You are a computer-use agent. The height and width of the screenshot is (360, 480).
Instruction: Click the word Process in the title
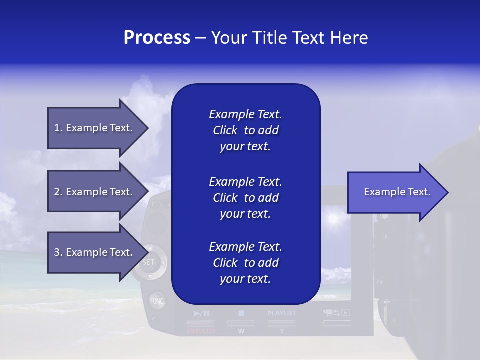point(157,38)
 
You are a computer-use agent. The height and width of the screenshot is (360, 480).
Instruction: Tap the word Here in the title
point(349,38)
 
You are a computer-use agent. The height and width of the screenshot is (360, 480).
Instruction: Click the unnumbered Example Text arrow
point(397,192)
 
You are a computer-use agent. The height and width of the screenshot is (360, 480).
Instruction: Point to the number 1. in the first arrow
point(58,128)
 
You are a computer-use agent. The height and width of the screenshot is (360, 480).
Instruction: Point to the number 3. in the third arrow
point(58,252)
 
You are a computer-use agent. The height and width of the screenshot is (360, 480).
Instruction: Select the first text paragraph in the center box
point(245,130)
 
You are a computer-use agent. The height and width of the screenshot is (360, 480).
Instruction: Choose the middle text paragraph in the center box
point(245,197)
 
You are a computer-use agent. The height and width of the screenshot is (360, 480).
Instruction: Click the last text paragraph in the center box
point(245,263)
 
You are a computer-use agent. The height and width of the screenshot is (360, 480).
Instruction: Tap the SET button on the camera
point(149,262)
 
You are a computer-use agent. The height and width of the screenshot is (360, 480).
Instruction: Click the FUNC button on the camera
point(157,301)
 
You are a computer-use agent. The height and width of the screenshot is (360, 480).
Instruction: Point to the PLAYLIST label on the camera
point(282,313)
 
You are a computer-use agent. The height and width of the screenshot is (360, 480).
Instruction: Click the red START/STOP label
point(201,331)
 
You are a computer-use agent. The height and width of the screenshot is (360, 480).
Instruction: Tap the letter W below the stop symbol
point(241,331)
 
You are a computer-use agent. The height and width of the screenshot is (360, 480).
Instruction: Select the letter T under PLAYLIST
point(282,331)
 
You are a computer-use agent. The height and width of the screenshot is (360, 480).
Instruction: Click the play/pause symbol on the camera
point(201,313)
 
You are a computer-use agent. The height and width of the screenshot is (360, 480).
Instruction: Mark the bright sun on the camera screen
point(332,218)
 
